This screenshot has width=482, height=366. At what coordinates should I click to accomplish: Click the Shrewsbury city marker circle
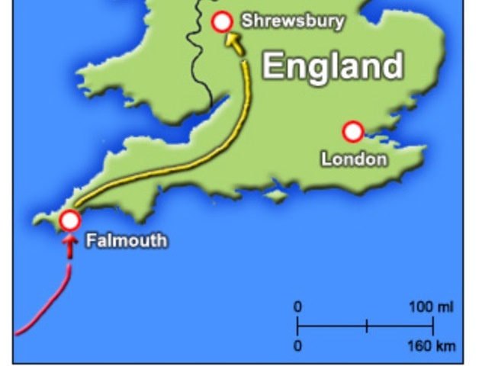coord(222,22)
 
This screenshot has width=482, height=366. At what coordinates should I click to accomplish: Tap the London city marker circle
coord(352,132)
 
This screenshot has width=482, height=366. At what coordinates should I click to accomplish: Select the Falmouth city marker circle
coord(69,220)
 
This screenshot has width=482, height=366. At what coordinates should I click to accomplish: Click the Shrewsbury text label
coord(293,21)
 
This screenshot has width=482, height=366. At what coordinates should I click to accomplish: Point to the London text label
coord(353,159)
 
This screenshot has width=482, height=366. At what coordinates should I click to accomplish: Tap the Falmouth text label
coord(126,241)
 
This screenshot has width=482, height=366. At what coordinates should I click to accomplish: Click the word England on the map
coord(333,66)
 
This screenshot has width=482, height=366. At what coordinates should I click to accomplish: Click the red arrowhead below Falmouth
coord(69,246)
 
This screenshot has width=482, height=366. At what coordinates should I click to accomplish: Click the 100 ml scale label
coord(430,307)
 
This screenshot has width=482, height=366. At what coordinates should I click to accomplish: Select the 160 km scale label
coord(431,346)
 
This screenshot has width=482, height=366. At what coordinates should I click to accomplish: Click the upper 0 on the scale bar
coord(297,307)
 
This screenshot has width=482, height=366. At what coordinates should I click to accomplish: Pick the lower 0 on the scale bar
coord(297,346)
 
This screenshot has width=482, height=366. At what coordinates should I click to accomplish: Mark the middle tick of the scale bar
coord(366,326)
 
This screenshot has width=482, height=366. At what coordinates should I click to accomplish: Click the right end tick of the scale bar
coord(433,326)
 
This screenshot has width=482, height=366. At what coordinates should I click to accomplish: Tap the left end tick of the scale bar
coord(297,326)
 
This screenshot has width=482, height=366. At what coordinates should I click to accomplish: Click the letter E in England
coord(275,66)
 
